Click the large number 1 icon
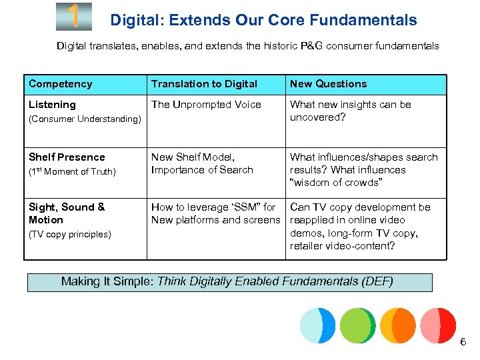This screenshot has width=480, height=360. coord(74,17)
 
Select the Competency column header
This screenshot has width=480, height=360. coord(60,84)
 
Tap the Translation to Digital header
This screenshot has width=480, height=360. coord(204,84)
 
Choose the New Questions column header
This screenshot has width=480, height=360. coord(328,84)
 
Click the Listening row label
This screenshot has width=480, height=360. coord(52,105)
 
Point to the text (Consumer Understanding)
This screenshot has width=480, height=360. coord(85,119)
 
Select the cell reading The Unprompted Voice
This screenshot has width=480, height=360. coord(206,105)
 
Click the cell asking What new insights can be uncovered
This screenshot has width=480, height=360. coord(351,111)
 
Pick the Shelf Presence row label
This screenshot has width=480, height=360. coord(67,157)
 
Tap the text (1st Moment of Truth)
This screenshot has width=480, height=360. coord(72,172)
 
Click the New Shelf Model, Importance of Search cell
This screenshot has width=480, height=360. coord(202,163)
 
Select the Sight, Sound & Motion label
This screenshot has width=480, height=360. coord(67,213)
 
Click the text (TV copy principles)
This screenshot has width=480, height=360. coord(69,235)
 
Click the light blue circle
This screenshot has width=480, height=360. coord(317,325)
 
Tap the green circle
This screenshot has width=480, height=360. coord(357,325)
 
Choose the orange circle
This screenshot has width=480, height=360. coord(397,325)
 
